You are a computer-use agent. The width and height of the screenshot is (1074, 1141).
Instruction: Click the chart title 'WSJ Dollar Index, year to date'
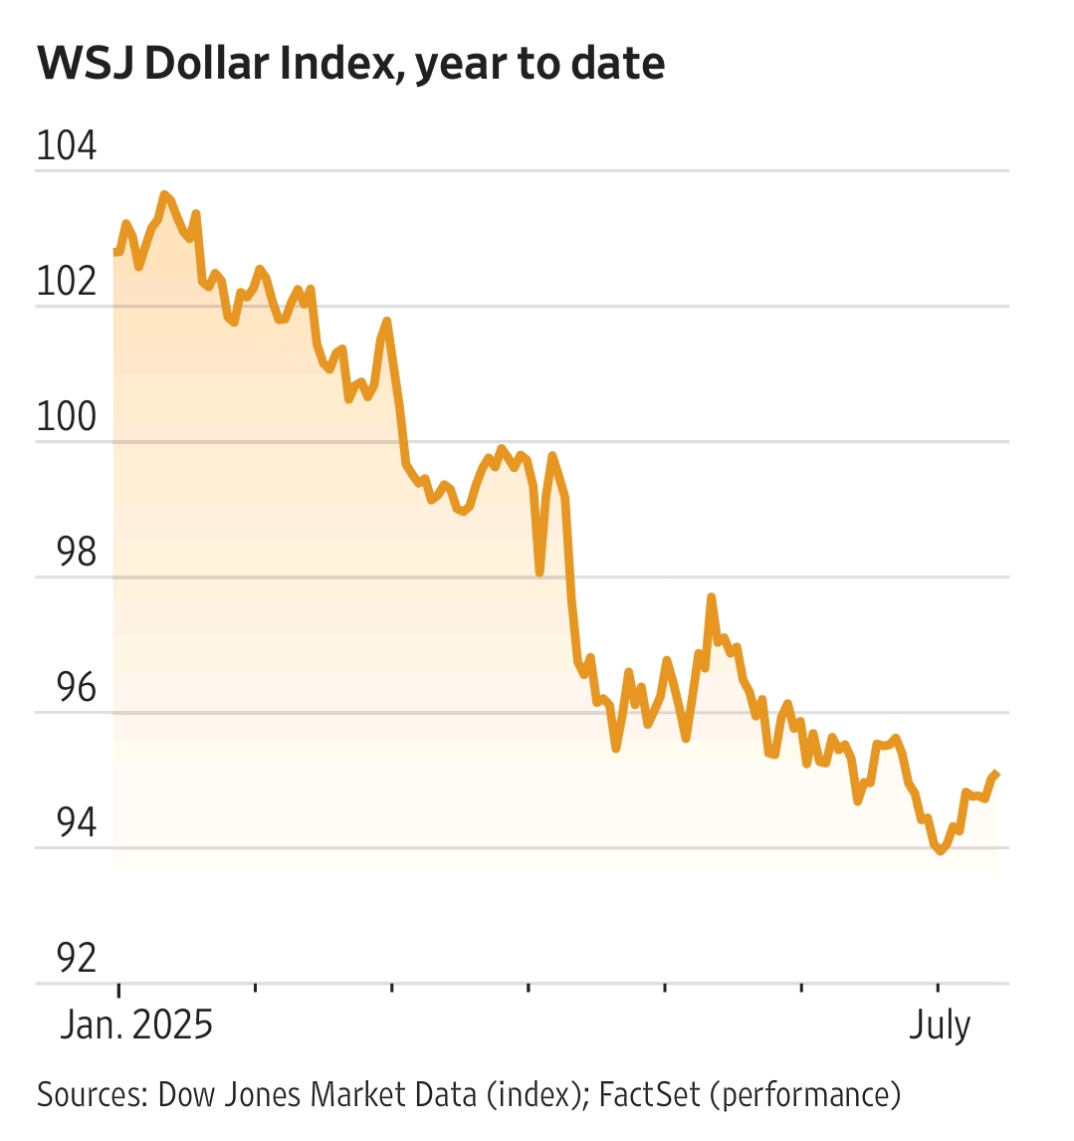[351, 64]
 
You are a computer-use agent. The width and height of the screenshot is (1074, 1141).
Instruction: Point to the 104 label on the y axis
[67, 146]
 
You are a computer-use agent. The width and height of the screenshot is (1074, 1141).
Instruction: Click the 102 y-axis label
[67, 282]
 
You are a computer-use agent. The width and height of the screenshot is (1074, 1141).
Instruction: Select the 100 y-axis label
[67, 417]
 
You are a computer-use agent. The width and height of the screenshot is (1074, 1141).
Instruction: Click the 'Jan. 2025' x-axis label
[136, 1025]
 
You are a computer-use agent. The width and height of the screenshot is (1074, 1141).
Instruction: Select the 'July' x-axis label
[939, 1025]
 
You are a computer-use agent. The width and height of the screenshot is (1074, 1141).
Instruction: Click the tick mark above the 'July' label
[937, 989]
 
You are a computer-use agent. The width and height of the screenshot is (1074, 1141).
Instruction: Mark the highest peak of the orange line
[164, 194]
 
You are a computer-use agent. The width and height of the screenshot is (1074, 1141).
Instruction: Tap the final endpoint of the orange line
[997, 774]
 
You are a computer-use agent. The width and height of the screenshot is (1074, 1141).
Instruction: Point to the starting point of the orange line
[114, 253]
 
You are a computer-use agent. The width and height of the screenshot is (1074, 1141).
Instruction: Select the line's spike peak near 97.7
[712, 596]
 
